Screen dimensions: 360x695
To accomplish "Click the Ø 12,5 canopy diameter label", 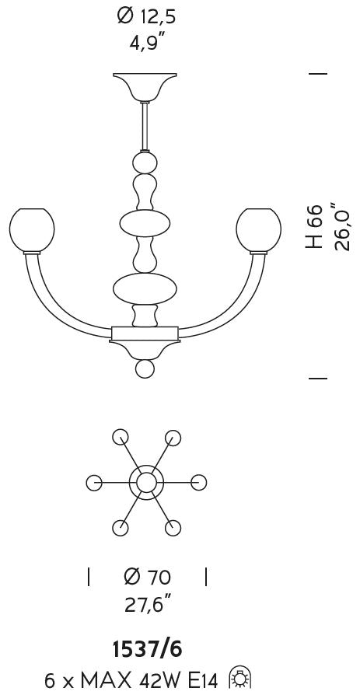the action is click(x=147, y=17).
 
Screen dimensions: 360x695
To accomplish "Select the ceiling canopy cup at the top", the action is click(x=145, y=87).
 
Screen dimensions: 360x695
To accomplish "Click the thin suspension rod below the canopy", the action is click(x=145, y=126).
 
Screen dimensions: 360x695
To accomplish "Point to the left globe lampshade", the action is click(x=32, y=230).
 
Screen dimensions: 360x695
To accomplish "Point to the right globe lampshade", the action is click(x=258, y=230).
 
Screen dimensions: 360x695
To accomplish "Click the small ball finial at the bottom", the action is click(x=145, y=368).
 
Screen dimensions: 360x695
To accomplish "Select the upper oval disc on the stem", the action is click(x=145, y=223).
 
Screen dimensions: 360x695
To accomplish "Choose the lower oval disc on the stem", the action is click(x=145, y=288).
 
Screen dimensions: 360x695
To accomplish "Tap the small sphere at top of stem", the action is click(x=145, y=162).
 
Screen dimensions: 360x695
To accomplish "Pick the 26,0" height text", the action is click(x=341, y=226).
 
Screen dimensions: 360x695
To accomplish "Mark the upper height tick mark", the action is click(x=318, y=74).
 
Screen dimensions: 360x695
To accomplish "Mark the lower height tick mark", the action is click(x=318, y=379).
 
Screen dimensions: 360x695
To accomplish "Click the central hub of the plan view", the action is click(x=145, y=483).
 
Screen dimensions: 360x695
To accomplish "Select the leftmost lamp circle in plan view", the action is click(x=94, y=483).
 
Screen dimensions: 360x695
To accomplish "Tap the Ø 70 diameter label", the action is click(x=147, y=577).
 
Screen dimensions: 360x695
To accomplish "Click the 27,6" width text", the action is click(x=148, y=604).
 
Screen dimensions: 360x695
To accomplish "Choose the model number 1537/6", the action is click(x=147, y=650).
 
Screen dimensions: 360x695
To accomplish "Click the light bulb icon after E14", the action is click(x=241, y=679).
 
